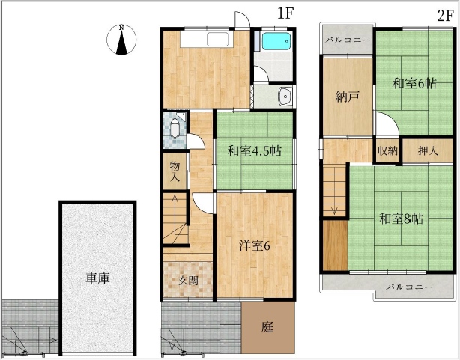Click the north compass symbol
pyautogui.click(x=121, y=40)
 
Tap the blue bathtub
pyautogui.click(x=276, y=41)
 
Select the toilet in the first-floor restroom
pyautogui.click(x=175, y=129)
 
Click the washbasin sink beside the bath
pyautogui.click(x=285, y=96)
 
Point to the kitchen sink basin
pyautogui.click(x=217, y=39)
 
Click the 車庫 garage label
pyautogui.click(x=97, y=278)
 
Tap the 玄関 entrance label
pyautogui.click(x=188, y=281)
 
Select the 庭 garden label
pyautogui.click(x=267, y=326)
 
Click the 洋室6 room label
pyautogui.click(x=255, y=246)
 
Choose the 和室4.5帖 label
pyautogui.click(x=255, y=151)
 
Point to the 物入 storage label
pyautogui.click(x=175, y=171)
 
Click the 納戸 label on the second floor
pyautogui.click(x=347, y=97)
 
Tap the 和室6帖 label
pyautogui.click(x=414, y=84)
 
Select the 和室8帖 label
pyautogui.click(x=401, y=219)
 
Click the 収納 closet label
pyautogui.click(x=387, y=151)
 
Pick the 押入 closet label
pyautogui.click(x=428, y=151)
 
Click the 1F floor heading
pyautogui.click(x=285, y=13)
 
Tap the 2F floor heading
pyautogui.click(x=445, y=16)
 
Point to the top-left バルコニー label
pyautogui.click(x=348, y=40)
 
